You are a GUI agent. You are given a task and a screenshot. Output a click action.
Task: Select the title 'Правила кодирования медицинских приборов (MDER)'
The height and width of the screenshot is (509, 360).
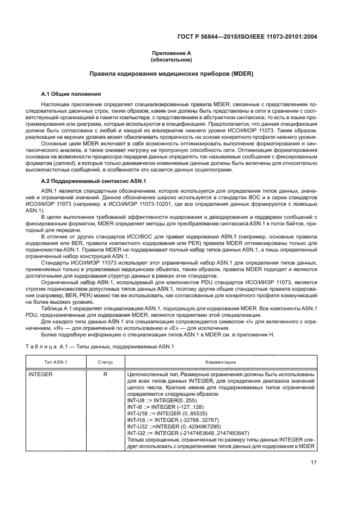coord(180,74)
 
